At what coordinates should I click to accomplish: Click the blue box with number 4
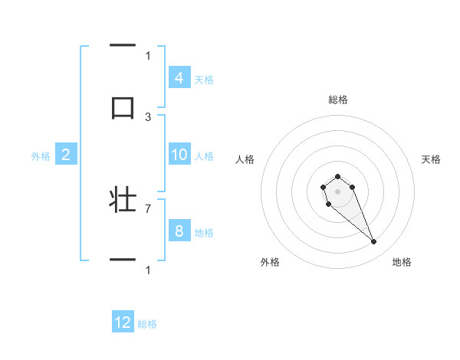point(179,77)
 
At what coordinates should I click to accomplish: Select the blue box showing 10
point(179,155)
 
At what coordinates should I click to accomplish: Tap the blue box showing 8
point(179,231)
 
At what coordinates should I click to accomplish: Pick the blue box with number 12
point(123,322)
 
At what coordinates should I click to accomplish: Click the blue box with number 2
point(65,155)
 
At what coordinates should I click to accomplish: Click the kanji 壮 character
point(123,200)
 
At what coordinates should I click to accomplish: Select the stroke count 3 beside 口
point(148,116)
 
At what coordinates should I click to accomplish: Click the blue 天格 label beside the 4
point(204,78)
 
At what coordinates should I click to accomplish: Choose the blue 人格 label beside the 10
point(204,155)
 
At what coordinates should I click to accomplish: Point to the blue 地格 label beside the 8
point(204,232)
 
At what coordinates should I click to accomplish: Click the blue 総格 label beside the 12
point(147,323)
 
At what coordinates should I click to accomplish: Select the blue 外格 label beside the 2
point(41,155)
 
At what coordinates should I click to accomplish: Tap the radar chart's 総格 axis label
point(337,100)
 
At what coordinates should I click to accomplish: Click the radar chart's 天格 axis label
point(432,159)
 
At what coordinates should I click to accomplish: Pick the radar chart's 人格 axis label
point(245,159)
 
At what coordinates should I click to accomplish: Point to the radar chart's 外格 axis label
point(270,262)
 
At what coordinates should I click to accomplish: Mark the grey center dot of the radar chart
point(337,191)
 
